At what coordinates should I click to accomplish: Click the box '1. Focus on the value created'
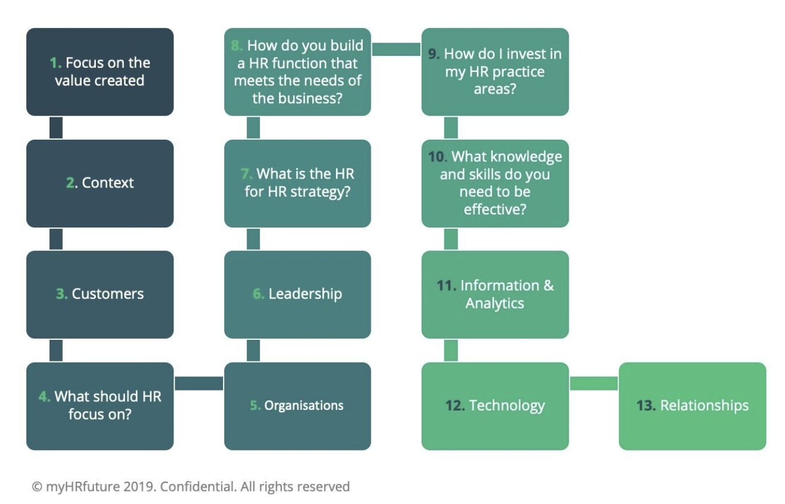100,72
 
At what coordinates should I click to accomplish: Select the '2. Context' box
100,183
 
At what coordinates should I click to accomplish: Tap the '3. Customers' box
100,294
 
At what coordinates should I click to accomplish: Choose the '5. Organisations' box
297,406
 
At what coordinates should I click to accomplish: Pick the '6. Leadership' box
297,294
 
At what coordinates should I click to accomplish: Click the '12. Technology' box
495,406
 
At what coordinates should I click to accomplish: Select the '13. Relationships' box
692,406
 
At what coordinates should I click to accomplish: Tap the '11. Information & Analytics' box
495,294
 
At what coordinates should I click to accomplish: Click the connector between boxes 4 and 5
199,383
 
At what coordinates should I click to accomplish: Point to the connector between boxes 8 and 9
396,49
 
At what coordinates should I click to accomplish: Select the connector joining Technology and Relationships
593,383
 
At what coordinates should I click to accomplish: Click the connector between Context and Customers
56,239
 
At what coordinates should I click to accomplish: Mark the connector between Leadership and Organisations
253,350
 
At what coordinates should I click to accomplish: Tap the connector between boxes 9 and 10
451,128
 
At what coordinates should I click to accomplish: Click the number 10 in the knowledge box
436,157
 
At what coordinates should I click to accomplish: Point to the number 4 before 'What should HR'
43,396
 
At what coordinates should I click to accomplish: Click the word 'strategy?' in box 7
321,192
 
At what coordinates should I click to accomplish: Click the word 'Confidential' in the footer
197,487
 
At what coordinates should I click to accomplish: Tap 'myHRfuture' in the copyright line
83,487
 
